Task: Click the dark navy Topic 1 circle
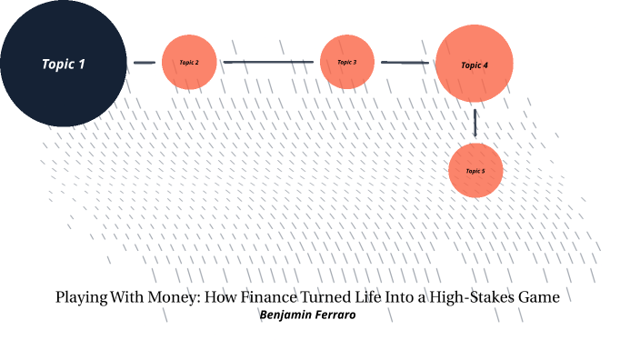click(x=63, y=63)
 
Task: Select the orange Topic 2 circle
click(x=189, y=62)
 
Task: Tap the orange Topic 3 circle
click(x=347, y=62)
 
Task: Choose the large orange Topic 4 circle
click(x=475, y=64)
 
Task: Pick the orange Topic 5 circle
click(x=475, y=170)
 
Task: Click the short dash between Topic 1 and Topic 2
click(x=145, y=63)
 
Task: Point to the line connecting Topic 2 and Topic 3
click(x=268, y=62)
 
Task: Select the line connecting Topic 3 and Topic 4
click(x=405, y=63)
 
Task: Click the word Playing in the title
click(x=81, y=297)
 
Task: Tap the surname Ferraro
click(x=335, y=315)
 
